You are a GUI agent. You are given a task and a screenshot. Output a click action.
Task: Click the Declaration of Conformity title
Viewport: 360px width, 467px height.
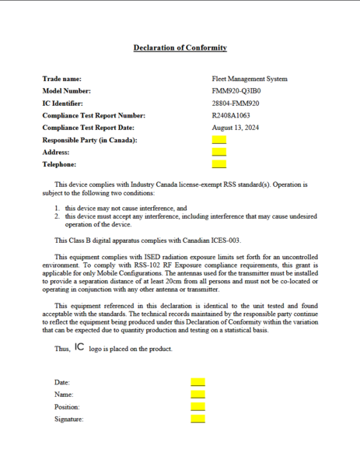180,47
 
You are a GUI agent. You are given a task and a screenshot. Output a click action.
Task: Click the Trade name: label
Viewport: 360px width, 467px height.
61,79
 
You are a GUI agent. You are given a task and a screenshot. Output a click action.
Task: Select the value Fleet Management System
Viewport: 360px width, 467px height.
249,79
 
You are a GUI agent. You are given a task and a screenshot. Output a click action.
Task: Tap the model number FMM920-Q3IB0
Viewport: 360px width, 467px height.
236,91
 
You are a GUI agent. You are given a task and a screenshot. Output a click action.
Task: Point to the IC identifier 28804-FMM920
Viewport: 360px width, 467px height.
236,103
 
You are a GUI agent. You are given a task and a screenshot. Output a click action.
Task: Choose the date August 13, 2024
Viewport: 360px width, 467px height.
236,127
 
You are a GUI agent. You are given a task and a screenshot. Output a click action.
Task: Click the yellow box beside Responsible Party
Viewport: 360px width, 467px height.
218,139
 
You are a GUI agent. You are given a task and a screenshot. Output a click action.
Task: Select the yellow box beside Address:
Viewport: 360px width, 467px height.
218,152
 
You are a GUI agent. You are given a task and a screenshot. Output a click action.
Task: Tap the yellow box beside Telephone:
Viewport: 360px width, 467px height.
218,164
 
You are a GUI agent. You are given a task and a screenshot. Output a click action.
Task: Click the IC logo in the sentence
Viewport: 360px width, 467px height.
80,347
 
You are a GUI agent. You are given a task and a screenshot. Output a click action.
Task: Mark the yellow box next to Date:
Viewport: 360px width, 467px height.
197,382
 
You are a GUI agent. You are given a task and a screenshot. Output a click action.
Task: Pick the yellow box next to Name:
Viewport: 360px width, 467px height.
197,395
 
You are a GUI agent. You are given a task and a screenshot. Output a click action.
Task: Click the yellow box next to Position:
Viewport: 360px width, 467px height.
197,406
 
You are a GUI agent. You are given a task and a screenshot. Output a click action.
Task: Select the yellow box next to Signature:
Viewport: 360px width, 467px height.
197,419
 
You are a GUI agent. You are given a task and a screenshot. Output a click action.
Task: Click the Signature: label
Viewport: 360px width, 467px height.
69,420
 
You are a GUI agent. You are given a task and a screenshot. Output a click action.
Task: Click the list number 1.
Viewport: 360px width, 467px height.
58,209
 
